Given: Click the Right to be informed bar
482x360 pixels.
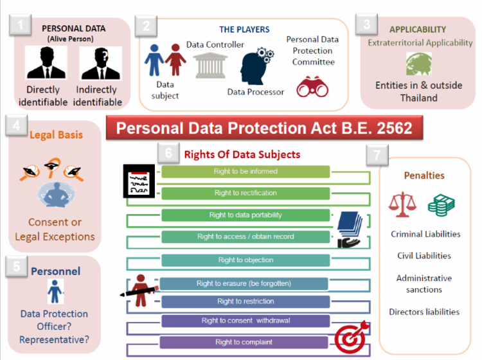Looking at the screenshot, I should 245,172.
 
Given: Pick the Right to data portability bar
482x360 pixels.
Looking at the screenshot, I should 245,215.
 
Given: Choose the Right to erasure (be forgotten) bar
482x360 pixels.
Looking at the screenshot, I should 244,283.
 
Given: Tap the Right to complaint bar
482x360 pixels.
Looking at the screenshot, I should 244,342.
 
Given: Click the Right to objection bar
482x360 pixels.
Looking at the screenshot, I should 245,260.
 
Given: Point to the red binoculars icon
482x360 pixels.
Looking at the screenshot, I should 312,87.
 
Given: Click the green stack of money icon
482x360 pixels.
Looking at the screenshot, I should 441,204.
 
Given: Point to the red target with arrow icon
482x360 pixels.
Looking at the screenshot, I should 350,335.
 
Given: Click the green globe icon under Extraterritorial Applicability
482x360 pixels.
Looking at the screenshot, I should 418,64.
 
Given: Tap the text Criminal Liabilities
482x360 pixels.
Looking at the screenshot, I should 425,234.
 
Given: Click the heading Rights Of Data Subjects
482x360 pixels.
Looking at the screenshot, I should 242,154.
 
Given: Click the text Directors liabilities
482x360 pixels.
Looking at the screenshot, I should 424,312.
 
